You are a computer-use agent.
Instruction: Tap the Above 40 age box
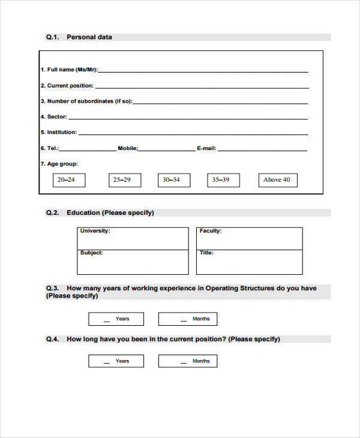point(277,180)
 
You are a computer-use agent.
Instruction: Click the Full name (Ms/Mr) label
point(69,70)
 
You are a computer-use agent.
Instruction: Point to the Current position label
point(67,86)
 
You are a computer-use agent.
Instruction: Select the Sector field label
point(54,117)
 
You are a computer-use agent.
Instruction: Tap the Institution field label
point(59,133)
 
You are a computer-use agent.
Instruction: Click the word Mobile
point(128,148)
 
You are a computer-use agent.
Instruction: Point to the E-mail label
point(207,148)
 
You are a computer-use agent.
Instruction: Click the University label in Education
point(95,231)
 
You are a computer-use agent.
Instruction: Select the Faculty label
point(210,231)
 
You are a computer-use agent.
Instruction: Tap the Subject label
point(91,253)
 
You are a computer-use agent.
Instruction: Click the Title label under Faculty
point(206,253)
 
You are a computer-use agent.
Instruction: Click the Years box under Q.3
point(116,319)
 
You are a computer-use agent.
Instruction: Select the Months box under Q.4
point(188,361)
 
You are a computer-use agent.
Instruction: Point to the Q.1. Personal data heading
point(79,37)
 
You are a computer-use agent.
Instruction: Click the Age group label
point(59,164)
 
